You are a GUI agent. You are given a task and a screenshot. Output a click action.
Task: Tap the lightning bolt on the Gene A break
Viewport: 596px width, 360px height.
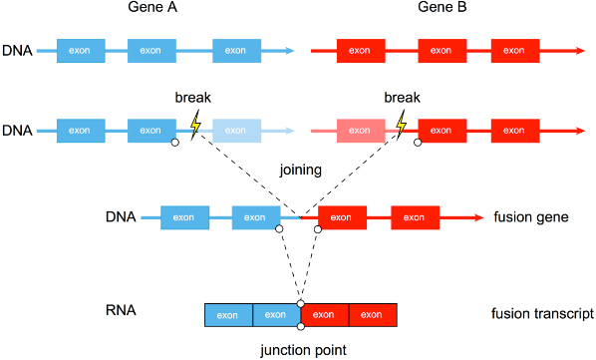(195, 124)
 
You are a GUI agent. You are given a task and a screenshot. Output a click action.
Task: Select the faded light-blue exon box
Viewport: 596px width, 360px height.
(235, 131)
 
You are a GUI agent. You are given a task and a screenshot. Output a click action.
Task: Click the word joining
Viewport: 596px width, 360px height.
(300, 170)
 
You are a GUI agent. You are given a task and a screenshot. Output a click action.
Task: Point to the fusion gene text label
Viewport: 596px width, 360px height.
(528, 217)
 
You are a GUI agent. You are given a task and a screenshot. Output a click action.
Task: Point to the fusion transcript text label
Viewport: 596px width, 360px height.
(542, 314)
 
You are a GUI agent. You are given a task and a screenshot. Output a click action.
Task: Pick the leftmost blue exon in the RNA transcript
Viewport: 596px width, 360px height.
(228, 315)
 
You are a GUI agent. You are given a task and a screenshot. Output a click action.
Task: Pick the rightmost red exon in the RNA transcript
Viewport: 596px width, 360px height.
(372, 315)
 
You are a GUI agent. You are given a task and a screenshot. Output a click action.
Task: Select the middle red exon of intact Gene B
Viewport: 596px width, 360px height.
(442, 50)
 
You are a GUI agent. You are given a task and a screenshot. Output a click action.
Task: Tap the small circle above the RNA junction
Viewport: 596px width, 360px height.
(300, 301)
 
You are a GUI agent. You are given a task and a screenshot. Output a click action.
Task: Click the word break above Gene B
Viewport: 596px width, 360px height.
(402, 99)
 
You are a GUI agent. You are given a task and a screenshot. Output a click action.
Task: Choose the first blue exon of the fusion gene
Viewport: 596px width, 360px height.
(183, 216)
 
